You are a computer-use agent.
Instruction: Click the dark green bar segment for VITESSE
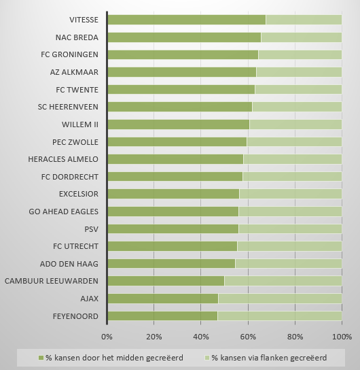pos(187,20)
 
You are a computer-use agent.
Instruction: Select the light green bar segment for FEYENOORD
pos(280,316)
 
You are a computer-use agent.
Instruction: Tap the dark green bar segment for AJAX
pos(163,299)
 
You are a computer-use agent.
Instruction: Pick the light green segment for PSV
pos(290,229)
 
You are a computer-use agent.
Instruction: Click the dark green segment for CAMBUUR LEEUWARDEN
pos(166,281)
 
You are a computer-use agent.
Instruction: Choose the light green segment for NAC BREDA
pos(302,37)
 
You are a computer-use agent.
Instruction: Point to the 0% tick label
pos(107,337)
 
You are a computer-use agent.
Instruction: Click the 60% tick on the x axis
pos(248,337)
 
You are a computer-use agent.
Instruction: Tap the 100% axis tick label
pos(342,337)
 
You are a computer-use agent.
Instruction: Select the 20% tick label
pos(154,337)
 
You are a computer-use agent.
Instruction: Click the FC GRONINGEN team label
pos(69,54)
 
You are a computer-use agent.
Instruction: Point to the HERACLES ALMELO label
pos(63,159)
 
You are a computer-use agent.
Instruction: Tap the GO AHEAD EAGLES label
pos(64,212)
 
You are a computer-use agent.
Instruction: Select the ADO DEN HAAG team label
pos(69,264)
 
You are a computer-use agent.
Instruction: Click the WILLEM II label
pos(80,124)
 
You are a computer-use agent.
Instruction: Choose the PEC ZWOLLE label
pos(75,142)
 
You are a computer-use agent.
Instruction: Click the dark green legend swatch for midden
pos(41,358)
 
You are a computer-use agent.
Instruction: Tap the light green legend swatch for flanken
pos(207,358)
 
